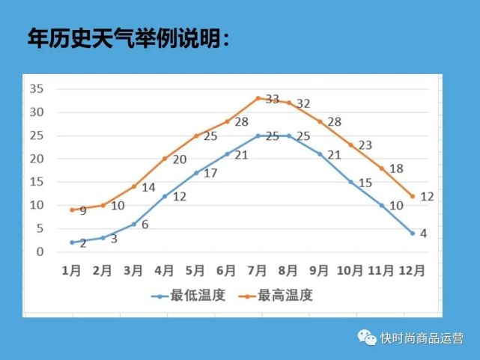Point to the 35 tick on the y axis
point(37,88)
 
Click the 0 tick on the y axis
point(40,251)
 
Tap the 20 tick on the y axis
point(37,158)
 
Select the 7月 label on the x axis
point(258,271)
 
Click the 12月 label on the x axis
point(413,271)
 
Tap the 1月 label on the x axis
point(72,271)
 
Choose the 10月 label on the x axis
point(350,271)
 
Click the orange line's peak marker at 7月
point(258,98)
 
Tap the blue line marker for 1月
point(72,242)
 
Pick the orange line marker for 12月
point(413,196)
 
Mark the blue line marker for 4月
point(165,196)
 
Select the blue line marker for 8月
point(289,135)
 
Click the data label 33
point(273,99)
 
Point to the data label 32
point(303,103)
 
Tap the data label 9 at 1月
point(82,211)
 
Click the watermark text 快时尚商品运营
point(422,338)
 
